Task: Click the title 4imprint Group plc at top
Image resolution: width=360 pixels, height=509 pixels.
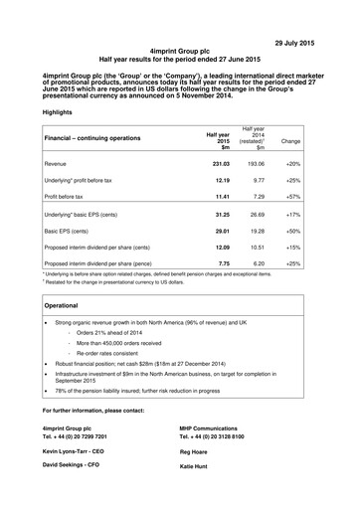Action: click(x=179, y=47)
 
